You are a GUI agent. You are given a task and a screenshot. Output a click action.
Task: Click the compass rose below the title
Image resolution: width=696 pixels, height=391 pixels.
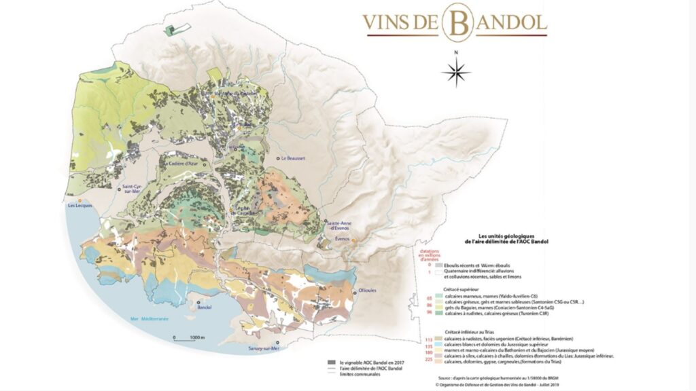(x=456, y=71)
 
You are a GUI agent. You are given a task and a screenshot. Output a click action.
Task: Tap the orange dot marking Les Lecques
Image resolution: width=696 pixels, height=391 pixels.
(x=80, y=202)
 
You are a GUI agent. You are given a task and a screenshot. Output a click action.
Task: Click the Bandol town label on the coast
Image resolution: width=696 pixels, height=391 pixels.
(x=205, y=307)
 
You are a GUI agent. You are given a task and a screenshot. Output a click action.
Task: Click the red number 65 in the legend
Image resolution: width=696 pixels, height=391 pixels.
(x=430, y=297)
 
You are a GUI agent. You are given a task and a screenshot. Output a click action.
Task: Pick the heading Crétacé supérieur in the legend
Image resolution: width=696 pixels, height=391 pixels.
(x=462, y=288)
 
